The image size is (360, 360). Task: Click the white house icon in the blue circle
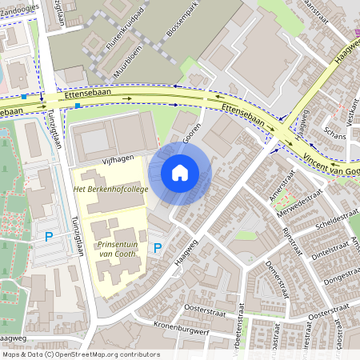pyautogui.click(x=180, y=172)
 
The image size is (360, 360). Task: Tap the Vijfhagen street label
pyautogui.click(x=117, y=160)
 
